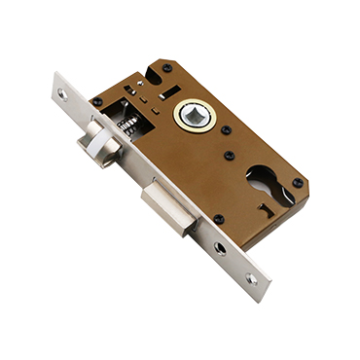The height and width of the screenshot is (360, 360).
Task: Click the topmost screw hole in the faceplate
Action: pos(62,94)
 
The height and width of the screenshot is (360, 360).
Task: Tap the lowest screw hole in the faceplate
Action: pos(251,278)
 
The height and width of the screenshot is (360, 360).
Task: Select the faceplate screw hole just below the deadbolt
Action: pos(220,249)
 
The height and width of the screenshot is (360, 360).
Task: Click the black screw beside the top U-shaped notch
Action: pos(166,68)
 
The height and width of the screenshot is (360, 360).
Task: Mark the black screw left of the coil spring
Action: pos(96,100)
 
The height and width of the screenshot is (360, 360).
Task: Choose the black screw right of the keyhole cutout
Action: pos(298,182)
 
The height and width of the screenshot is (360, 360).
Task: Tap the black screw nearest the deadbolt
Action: pos(218,219)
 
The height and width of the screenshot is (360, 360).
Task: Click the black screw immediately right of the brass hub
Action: pos(226,129)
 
